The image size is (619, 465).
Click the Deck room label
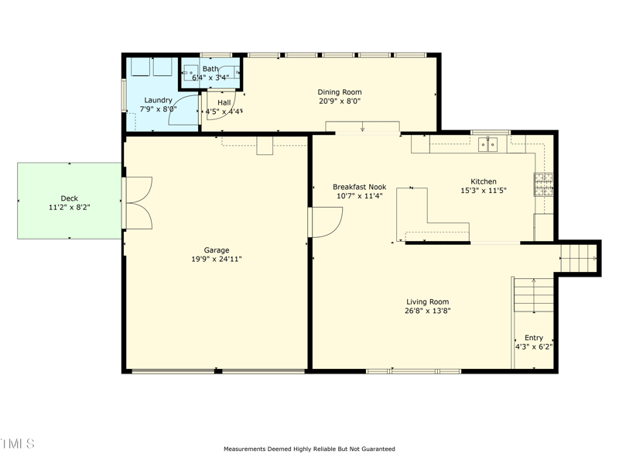click(69, 198)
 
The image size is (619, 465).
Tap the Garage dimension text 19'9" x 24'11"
click(217, 259)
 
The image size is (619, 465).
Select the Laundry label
click(158, 100)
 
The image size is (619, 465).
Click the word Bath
click(210, 69)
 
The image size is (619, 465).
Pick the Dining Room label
click(340, 92)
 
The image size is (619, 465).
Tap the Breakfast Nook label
click(359, 187)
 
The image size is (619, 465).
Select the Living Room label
click(428, 302)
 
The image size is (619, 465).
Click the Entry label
click(534, 338)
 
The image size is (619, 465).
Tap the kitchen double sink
click(488, 143)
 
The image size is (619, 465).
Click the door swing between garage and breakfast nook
click(325, 222)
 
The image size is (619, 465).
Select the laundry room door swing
click(186, 108)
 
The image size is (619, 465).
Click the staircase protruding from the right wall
click(578, 256)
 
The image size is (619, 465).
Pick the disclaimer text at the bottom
click(309, 449)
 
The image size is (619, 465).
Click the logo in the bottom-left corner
click(18, 443)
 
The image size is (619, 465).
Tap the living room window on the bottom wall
click(403, 372)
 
